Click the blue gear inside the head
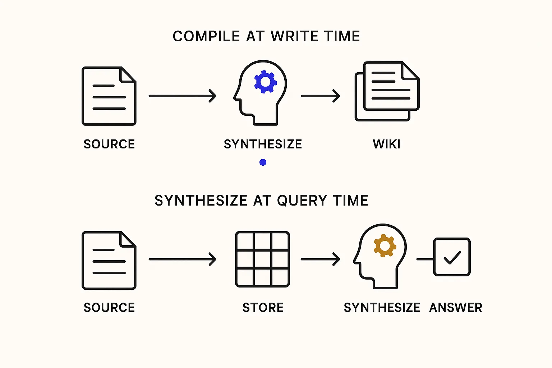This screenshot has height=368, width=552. coord(265,82)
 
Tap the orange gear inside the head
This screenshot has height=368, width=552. coord(385,246)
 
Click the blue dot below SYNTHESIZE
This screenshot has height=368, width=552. coord(263,162)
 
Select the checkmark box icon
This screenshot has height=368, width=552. coord(452,257)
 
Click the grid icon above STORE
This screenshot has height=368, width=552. coord(262,259)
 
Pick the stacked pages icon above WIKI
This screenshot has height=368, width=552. coord(387,91)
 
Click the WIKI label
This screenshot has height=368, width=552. coord(386,144)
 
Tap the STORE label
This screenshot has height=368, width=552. coord(263,308)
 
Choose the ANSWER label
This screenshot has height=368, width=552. coord(455,308)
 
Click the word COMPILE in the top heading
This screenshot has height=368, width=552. coord(206,37)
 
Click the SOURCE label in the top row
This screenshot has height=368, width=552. coord(109,144)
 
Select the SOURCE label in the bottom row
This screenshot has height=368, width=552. coord(109,308)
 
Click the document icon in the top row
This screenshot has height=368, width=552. coord(109,96)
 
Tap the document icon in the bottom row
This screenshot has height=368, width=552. coord(109,260)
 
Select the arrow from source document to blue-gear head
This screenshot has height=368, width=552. coord(182,96)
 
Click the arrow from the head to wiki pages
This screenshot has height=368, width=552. coord(320,96)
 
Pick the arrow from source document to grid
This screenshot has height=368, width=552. coord(182,259)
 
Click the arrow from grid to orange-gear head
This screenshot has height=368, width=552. coord(320,259)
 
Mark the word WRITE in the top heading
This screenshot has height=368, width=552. coord(295,37)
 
